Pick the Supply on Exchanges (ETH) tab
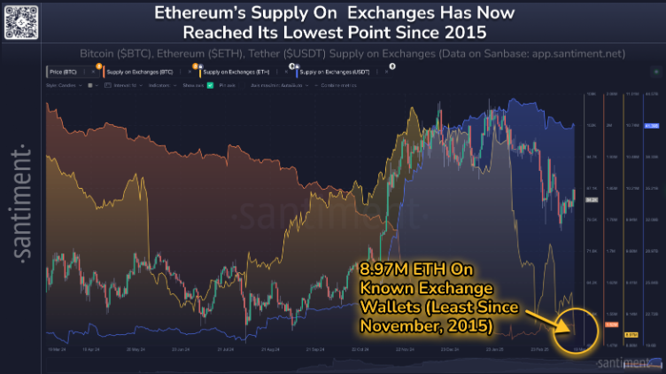pyautogui.click(x=236, y=70)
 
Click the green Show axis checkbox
pyautogui.click(x=209, y=84)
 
